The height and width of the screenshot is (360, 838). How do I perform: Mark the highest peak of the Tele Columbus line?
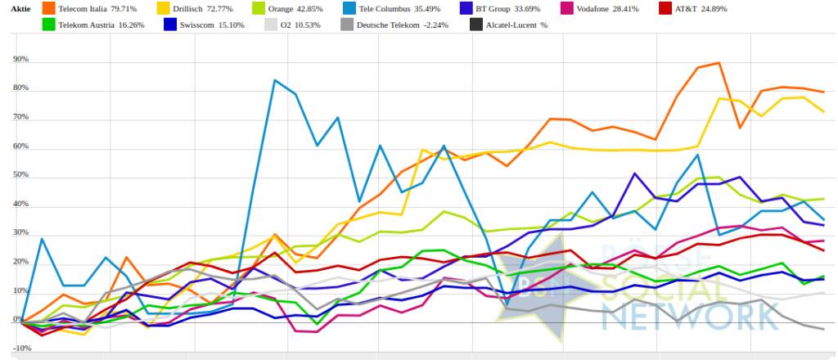tap(274, 80)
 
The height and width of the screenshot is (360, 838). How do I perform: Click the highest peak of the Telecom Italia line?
tap(719, 63)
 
